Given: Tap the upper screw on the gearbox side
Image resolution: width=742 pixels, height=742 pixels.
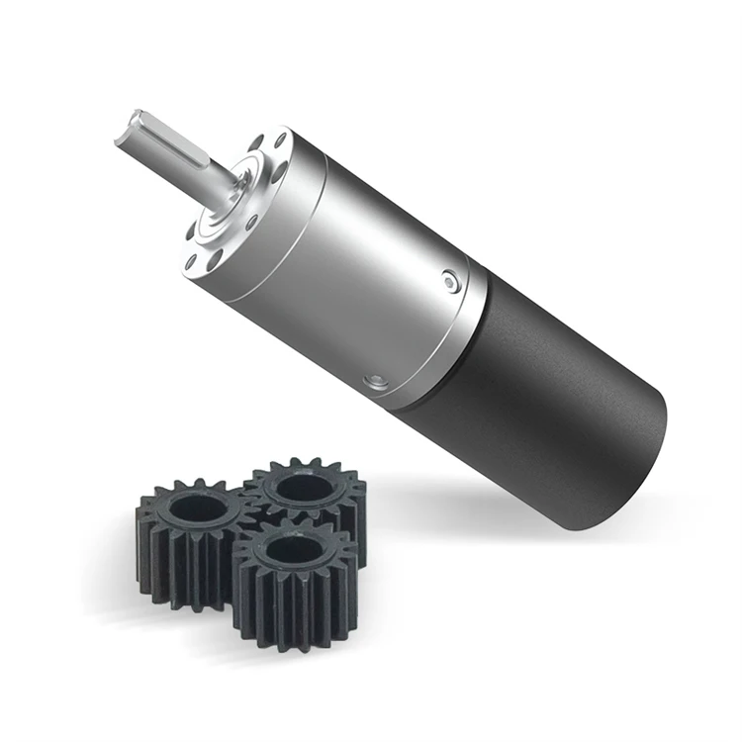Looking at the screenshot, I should point(451,283).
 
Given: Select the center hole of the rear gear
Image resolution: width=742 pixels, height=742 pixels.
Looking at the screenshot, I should point(299,487).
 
